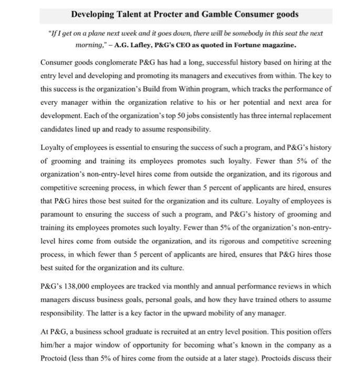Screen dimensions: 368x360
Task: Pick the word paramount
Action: [x=59, y=214]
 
